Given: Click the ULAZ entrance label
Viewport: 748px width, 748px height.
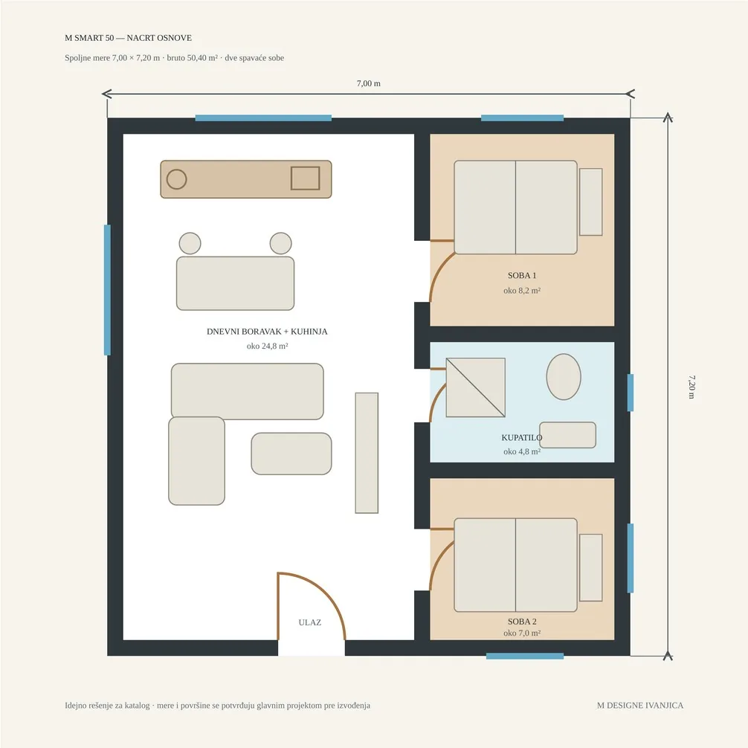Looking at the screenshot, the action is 309,622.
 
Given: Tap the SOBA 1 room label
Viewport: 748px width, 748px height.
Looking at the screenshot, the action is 522,275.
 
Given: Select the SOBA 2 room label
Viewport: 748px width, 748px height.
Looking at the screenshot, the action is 522,622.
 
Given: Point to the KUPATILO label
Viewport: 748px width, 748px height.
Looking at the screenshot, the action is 521,437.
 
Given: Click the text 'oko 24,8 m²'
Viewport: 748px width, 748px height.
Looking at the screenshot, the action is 267,346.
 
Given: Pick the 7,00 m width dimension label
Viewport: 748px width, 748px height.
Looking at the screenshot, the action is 369,83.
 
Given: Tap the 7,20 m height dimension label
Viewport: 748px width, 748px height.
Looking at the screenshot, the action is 691,387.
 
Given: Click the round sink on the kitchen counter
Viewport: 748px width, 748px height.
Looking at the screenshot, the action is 176,179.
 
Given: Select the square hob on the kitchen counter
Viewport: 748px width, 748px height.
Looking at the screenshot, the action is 306,178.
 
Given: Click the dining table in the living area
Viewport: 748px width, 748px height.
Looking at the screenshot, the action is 235,283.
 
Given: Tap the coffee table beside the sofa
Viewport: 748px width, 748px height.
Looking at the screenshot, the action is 291,454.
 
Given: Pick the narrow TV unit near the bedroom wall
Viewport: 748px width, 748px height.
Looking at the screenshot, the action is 367,453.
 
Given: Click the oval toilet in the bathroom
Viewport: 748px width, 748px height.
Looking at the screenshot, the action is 564,377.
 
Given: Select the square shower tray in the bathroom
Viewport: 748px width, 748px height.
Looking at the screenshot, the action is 476,387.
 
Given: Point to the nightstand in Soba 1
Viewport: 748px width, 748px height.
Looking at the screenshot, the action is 591,201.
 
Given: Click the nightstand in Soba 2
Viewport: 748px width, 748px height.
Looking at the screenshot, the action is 591,567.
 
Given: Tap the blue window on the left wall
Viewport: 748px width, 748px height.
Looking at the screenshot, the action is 107,290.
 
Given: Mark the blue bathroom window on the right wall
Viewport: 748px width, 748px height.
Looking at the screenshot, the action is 631,393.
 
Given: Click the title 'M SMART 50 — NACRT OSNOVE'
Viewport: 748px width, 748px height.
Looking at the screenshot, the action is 129,38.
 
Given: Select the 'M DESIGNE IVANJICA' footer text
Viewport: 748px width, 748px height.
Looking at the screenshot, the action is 640,705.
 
